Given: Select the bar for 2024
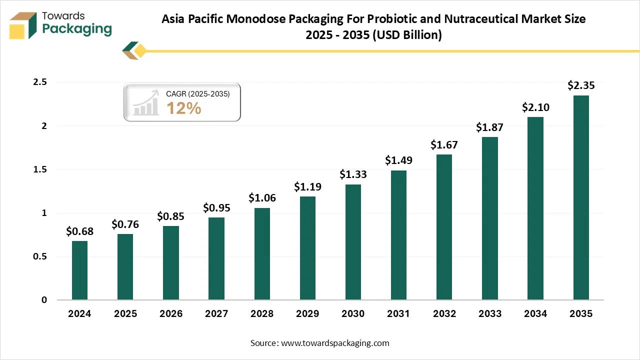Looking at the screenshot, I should click(79, 270).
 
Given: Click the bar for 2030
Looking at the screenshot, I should click(353, 242).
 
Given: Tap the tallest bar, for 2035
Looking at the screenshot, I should click(581, 197).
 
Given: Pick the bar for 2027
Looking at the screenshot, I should click(216, 258).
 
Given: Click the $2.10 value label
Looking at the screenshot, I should click(535, 107).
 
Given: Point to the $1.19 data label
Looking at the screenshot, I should click(307, 186).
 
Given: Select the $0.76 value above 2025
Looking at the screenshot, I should click(125, 224).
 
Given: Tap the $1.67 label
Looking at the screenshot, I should click(444, 145).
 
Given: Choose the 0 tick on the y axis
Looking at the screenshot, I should click(44, 300).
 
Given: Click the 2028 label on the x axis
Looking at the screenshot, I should click(262, 314).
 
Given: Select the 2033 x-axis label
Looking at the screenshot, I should click(490, 314).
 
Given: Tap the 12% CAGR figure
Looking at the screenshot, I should click(183, 108).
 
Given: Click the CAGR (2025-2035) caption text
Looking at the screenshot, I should click(197, 93).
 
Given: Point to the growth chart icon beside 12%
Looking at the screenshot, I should click(146, 104).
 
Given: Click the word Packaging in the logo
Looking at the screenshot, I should click(77, 28).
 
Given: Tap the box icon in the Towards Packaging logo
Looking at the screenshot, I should click(23, 25).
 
